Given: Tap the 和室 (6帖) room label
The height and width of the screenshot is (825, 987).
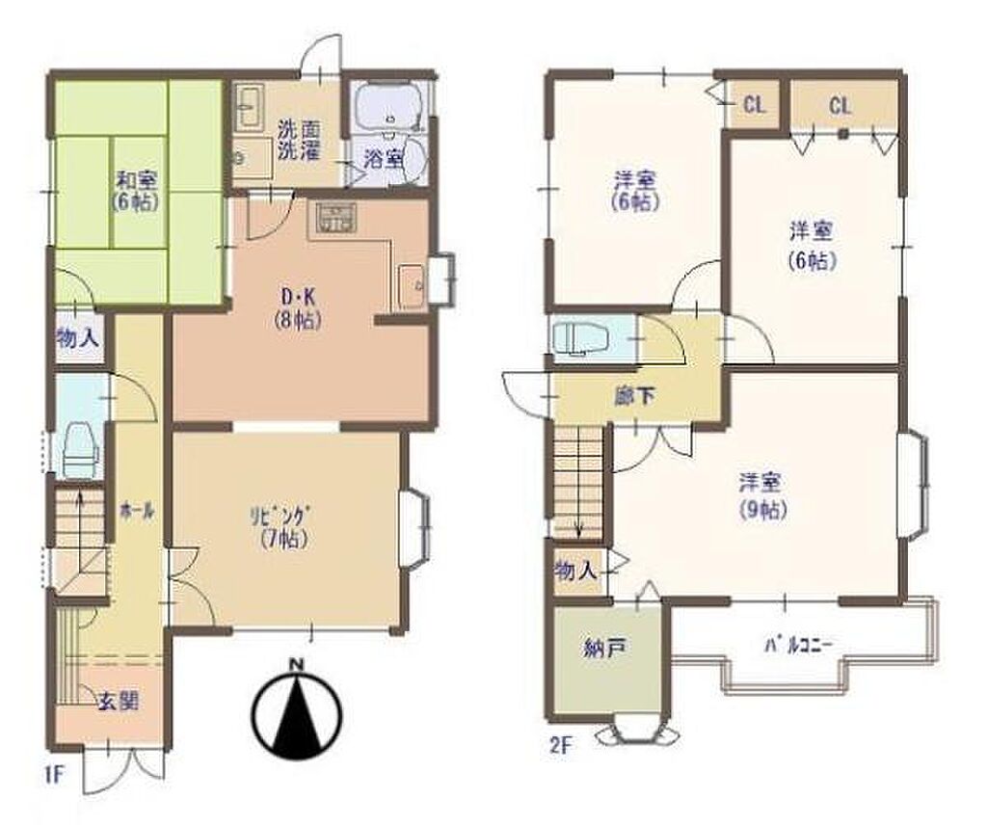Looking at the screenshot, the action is click(136, 191).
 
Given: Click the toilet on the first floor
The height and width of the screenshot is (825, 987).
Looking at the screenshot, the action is click(82, 449).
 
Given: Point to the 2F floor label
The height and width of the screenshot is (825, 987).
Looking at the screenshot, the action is click(562, 747).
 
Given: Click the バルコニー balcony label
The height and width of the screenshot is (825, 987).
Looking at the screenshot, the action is click(799, 645).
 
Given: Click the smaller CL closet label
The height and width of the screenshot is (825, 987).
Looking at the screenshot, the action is click(754, 104).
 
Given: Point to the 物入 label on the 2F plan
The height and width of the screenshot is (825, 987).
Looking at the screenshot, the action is click(576, 572).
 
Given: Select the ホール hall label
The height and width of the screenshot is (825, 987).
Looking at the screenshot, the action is click(138, 511).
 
